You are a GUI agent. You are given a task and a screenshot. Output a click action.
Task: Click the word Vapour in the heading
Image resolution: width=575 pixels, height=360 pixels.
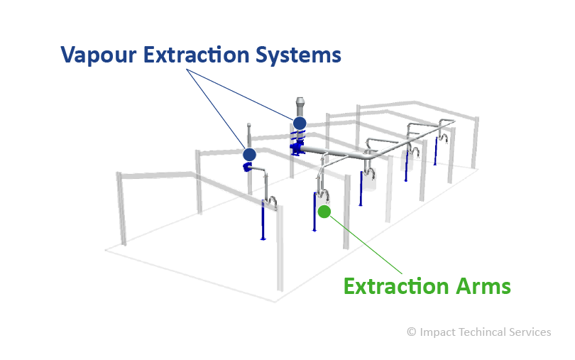98,55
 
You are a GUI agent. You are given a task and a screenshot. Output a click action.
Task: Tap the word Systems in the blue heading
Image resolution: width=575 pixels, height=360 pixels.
298,55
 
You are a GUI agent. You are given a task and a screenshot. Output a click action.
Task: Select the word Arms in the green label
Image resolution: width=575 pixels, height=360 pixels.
483,286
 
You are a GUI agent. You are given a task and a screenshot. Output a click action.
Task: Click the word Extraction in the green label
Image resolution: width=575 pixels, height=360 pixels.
396,286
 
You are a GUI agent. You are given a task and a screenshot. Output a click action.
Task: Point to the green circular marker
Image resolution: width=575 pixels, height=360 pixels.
324,212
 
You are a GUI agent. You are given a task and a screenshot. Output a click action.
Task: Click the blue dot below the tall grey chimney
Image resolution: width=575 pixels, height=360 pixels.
300,123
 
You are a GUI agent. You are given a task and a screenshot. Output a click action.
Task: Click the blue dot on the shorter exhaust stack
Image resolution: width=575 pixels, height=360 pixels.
249,155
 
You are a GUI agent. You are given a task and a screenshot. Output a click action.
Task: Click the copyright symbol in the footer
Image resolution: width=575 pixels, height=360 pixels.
412,332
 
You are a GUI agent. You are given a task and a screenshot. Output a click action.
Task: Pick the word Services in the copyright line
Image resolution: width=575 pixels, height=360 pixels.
530,332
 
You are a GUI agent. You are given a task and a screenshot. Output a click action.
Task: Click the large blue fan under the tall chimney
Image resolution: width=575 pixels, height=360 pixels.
297,148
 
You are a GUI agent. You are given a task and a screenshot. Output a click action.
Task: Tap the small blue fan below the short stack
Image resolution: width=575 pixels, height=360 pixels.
246,168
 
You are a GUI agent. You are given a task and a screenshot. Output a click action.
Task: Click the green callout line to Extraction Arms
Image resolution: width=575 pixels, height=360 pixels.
366,245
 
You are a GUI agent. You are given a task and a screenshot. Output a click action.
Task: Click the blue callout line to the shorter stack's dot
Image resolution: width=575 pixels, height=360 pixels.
216,109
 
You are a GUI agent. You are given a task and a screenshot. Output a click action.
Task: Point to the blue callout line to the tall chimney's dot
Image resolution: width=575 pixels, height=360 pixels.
240,94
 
